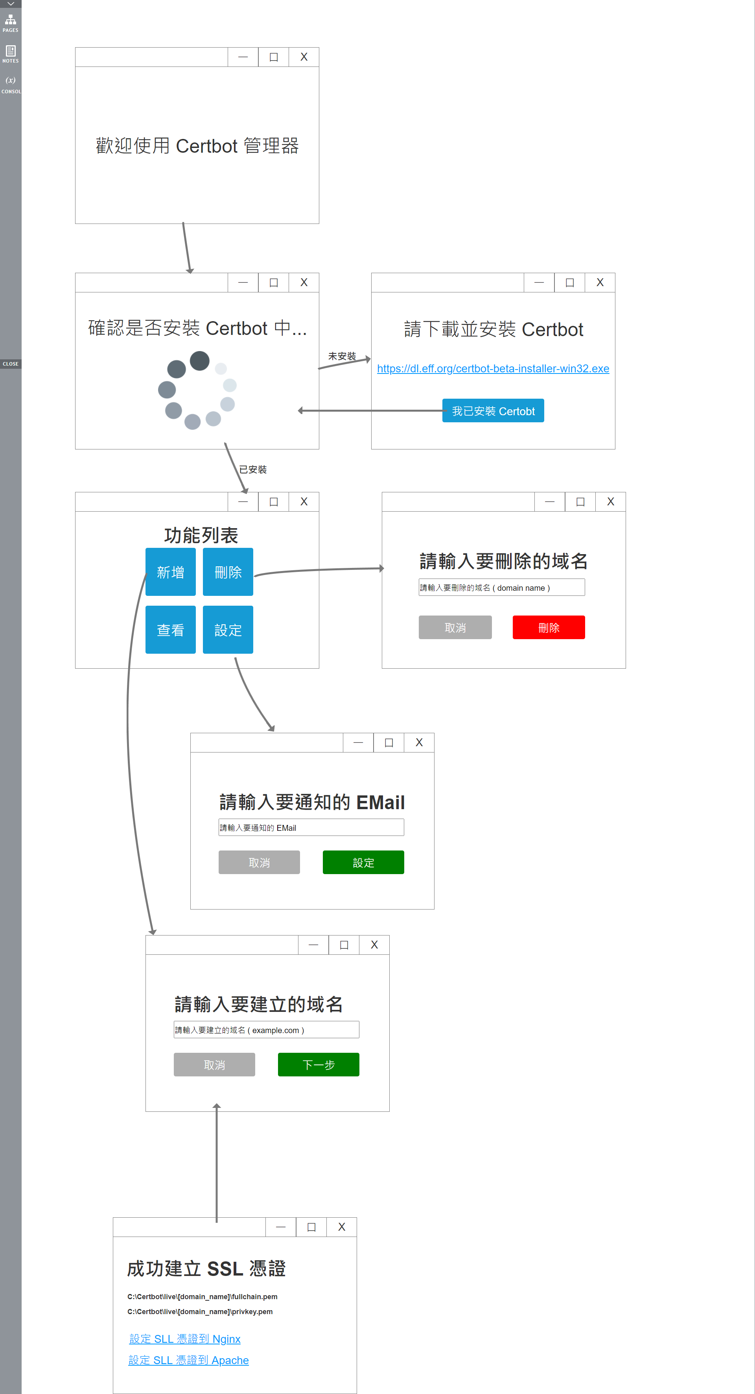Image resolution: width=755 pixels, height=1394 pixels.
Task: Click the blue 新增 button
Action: click(170, 572)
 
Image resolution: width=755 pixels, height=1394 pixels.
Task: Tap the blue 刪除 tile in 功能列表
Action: click(228, 572)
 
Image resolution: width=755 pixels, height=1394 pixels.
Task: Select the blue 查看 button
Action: click(170, 629)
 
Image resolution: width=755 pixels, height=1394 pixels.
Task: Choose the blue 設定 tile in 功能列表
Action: click(228, 629)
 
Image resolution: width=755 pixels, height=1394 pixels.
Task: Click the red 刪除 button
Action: click(549, 627)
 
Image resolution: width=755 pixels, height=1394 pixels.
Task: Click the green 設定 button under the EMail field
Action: click(363, 862)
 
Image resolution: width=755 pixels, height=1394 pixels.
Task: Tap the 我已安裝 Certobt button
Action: click(493, 411)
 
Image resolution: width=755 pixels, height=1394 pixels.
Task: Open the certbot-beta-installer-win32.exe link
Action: click(493, 368)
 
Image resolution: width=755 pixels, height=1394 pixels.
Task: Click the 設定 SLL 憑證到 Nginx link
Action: click(185, 1339)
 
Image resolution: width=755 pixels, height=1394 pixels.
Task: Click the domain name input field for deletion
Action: click(501, 587)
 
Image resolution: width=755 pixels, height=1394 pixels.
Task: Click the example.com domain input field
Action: click(266, 1029)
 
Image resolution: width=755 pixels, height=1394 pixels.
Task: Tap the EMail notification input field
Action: click(311, 827)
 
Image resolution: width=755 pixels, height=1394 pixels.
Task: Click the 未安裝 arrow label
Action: click(342, 356)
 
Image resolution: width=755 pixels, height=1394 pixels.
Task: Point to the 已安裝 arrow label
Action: click(252, 469)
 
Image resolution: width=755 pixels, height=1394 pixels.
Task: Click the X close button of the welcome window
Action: click(304, 57)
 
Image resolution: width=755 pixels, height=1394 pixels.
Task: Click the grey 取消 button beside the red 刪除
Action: click(455, 627)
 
